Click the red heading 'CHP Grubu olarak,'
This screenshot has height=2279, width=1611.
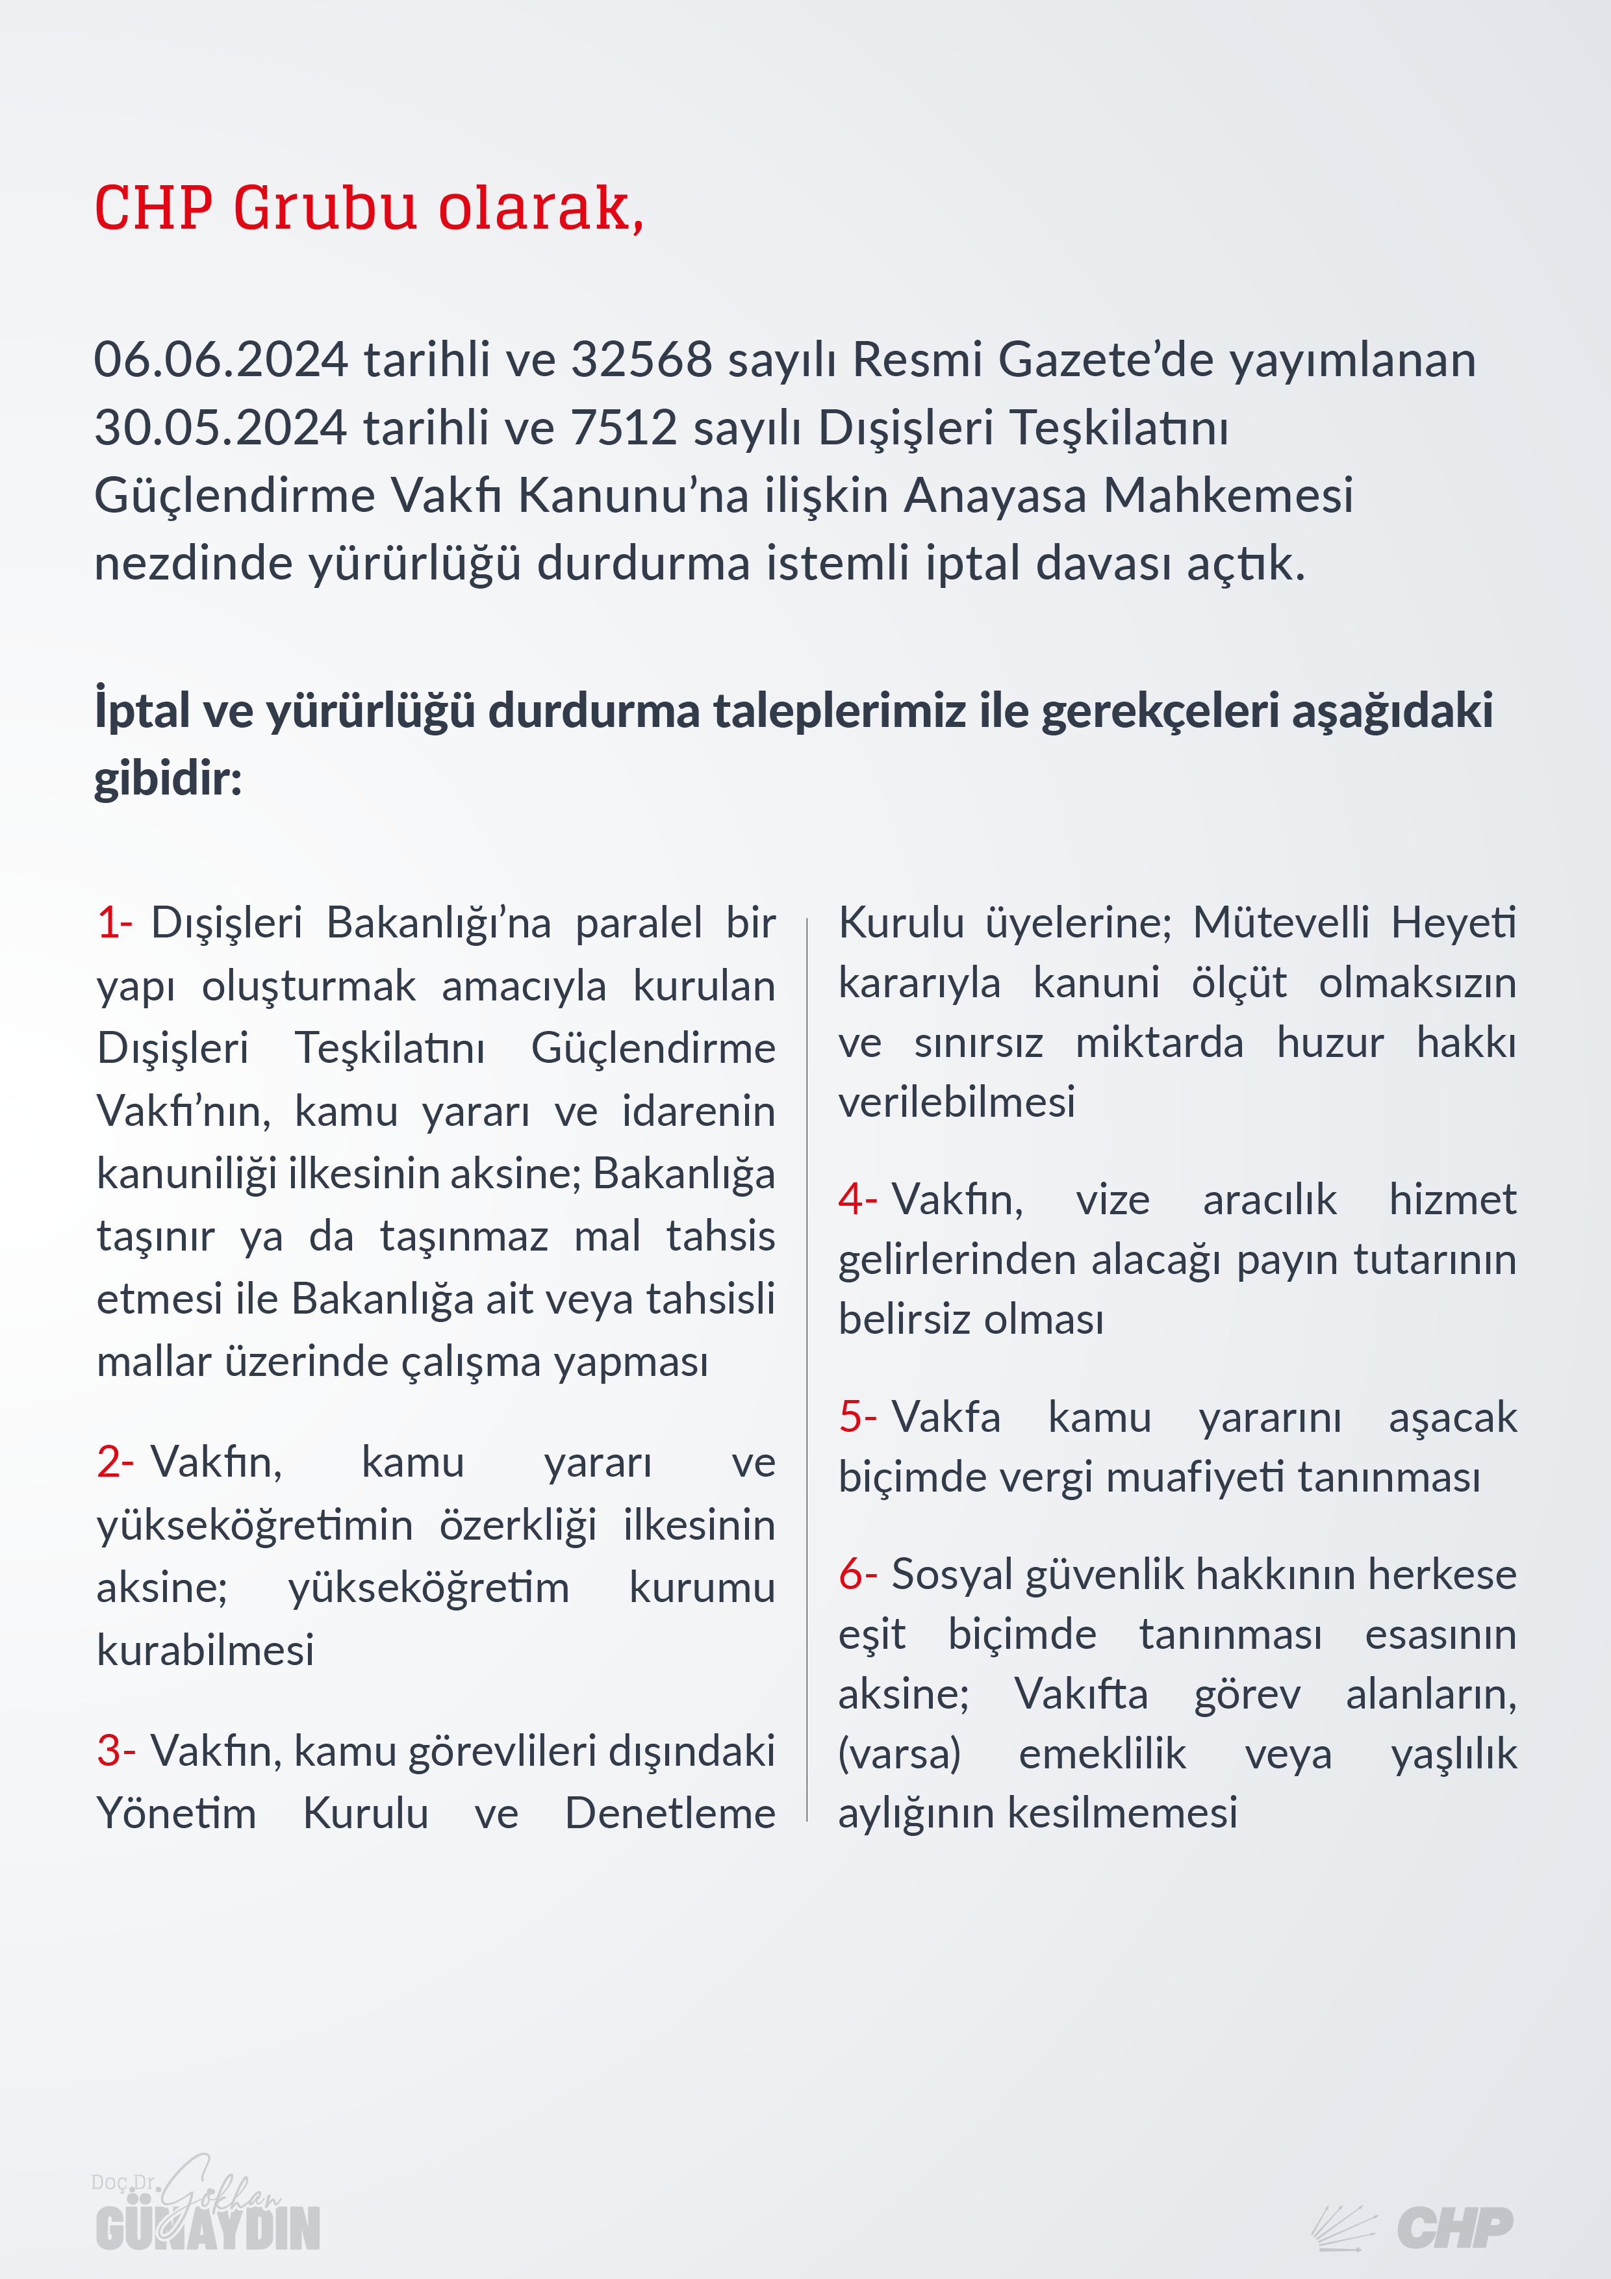pos(368,209)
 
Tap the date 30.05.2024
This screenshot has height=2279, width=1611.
pos(220,428)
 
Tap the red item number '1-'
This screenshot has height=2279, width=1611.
pos(114,923)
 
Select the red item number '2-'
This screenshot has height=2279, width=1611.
pos(114,1462)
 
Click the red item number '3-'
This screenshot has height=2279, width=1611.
pos(115,1750)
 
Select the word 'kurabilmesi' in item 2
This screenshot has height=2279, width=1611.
pos(205,1649)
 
